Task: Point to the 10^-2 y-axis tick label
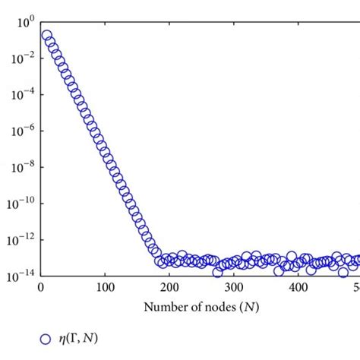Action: [x=21, y=57]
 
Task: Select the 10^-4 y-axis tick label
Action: [x=21, y=93]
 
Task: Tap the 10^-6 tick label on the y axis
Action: [x=21, y=130]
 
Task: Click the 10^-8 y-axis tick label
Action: [x=21, y=166]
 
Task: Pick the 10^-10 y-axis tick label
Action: [x=20, y=203]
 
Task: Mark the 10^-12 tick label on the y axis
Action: [x=20, y=239]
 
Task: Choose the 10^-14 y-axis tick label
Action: [x=20, y=276]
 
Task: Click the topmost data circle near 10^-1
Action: [x=46, y=36]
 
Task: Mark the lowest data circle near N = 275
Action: [x=218, y=271]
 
